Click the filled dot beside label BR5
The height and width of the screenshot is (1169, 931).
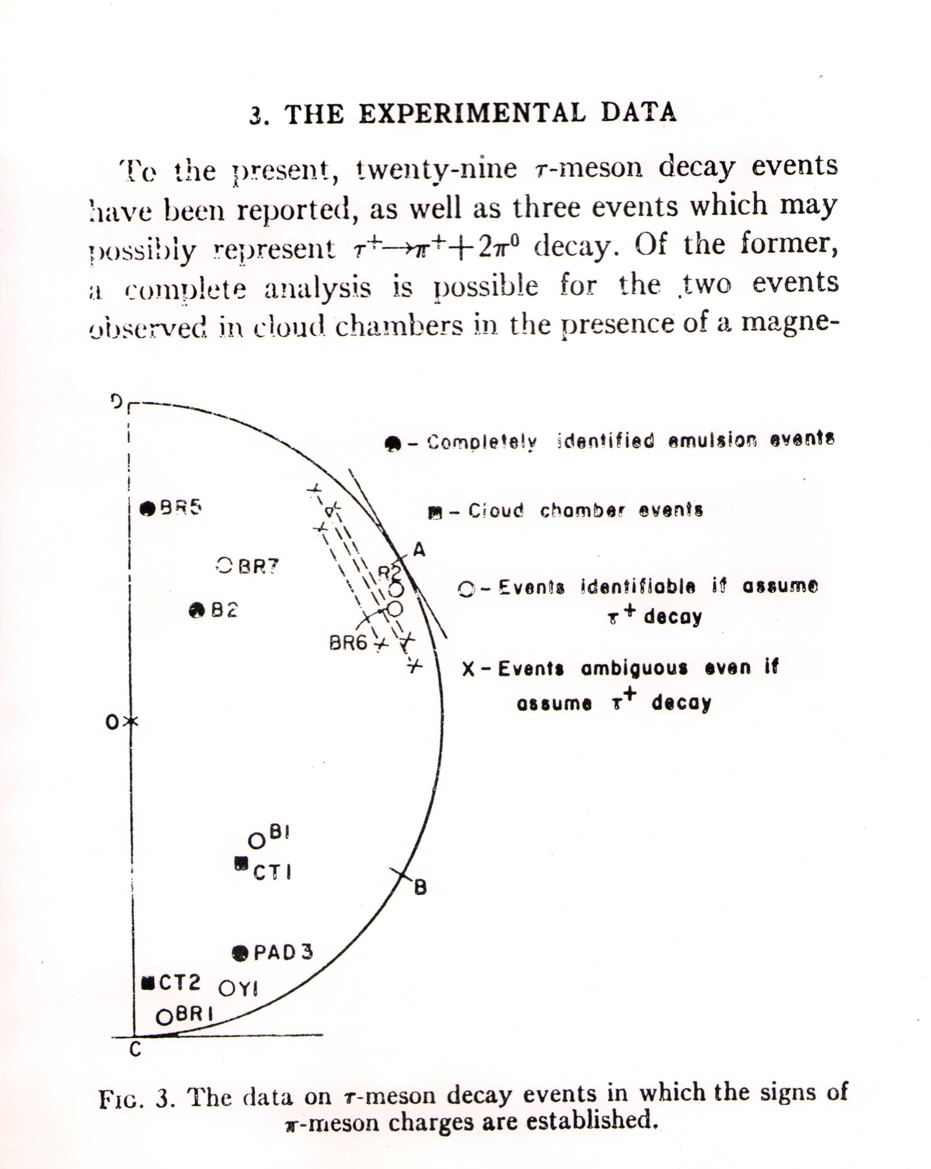coord(147,509)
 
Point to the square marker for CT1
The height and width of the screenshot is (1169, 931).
coord(241,862)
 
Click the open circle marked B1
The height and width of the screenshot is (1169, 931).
coord(257,841)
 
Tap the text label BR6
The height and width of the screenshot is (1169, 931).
coord(348,643)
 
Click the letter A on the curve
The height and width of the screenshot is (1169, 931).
coord(419,550)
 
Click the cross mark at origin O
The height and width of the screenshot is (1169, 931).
coord(131,722)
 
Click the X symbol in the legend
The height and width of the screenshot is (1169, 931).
coord(469,669)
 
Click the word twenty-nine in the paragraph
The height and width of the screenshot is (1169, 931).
coord(437,169)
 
